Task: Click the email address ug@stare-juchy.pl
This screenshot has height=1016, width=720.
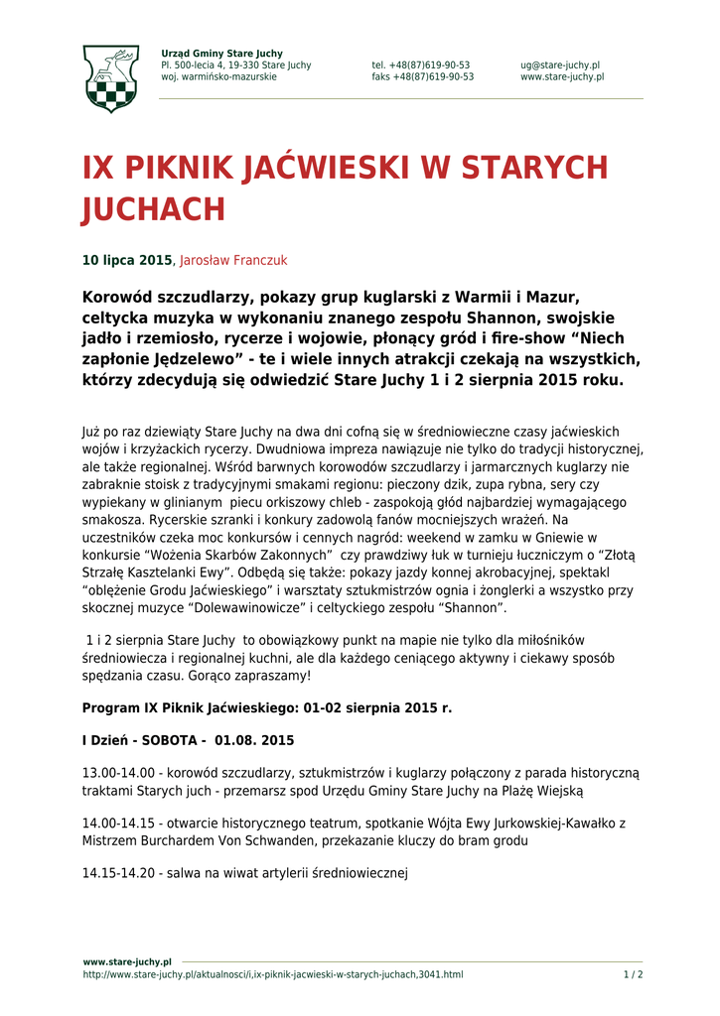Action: coord(560,65)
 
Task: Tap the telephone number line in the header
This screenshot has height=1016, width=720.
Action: coord(421,65)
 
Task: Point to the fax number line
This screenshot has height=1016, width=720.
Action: coord(422,77)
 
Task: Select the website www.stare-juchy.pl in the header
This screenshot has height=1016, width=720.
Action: coord(561,77)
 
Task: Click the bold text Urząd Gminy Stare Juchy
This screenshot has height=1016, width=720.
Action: coord(221,54)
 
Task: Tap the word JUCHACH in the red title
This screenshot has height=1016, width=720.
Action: coord(154,210)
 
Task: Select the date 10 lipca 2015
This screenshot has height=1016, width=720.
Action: coord(127,261)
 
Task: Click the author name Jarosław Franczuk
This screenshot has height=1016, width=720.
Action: coord(233,261)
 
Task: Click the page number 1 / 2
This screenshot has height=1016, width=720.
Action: coord(634,974)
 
